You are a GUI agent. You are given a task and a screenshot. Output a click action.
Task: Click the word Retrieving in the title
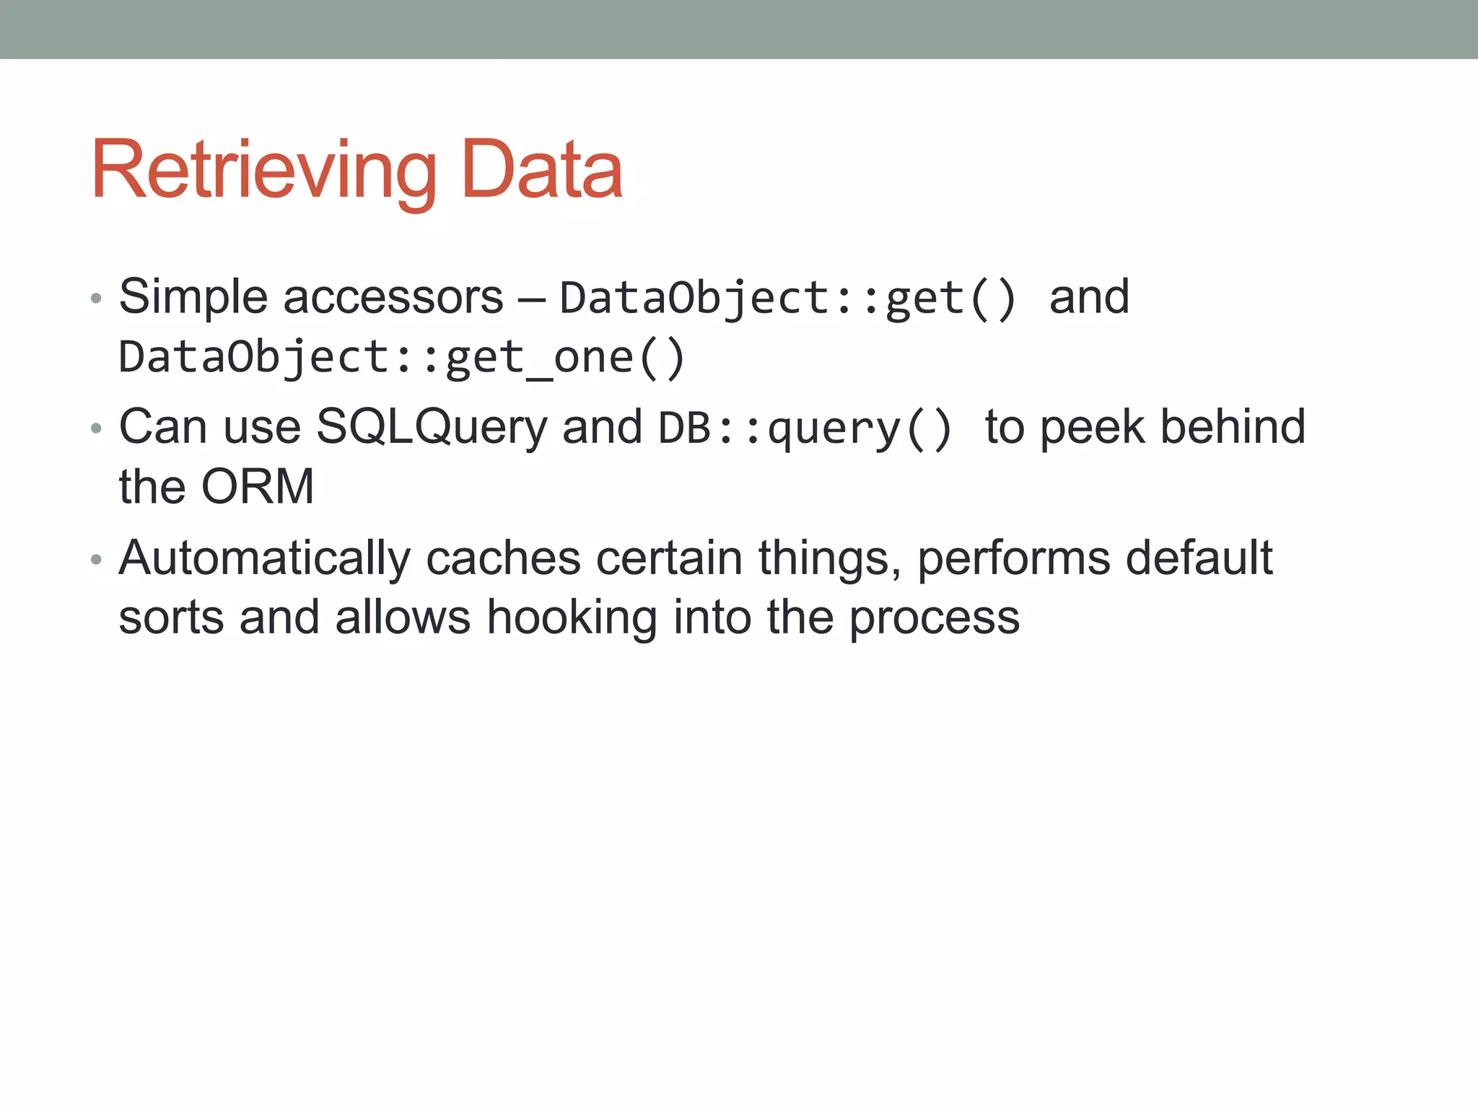click(x=264, y=170)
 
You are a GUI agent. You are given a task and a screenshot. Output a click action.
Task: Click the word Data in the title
click(x=541, y=170)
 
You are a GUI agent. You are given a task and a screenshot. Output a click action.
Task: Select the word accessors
click(x=393, y=297)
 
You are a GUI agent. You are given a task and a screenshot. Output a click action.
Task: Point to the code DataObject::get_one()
click(x=401, y=358)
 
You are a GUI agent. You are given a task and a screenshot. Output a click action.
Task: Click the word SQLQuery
click(x=432, y=427)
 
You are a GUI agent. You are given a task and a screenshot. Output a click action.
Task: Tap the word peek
click(x=1093, y=427)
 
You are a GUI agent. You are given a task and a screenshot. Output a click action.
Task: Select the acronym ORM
click(x=258, y=487)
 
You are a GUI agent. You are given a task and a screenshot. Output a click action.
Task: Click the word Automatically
click(x=264, y=559)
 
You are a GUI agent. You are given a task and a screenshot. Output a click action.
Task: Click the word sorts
click(x=171, y=618)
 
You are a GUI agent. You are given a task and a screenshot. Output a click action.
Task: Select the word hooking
click(x=572, y=618)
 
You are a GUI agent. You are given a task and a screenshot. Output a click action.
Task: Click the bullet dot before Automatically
click(x=96, y=560)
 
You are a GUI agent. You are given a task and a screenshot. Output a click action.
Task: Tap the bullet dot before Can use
click(x=96, y=428)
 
